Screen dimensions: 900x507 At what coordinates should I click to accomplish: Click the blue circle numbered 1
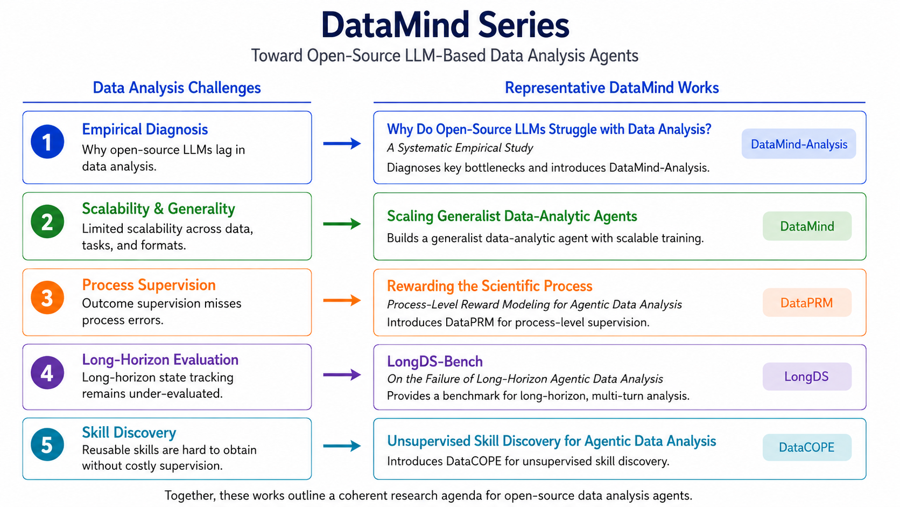coord(47,142)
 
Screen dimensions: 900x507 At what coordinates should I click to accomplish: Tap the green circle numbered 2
coord(47,221)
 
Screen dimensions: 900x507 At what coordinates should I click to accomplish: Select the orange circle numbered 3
coord(47,297)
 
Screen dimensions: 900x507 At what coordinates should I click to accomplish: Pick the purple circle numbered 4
coord(47,372)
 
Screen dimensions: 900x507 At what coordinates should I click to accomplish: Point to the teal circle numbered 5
coord(47,445)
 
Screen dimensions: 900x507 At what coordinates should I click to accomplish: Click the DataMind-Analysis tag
coord(799,144)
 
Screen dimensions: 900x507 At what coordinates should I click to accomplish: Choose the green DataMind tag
coord(807,226)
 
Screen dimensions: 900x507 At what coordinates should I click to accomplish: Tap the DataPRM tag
coord(807,302)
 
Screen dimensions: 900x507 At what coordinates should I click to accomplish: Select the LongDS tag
coord(807,376)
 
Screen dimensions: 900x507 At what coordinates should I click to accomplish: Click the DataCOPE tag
coord(807,447)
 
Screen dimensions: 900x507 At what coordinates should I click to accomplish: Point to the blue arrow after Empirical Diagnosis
coord(342,143)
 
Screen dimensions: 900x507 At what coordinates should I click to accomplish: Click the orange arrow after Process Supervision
coord(342,300)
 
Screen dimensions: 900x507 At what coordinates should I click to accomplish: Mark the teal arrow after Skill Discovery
coord(342,446)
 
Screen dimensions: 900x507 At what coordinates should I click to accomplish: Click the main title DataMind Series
coord(445,25)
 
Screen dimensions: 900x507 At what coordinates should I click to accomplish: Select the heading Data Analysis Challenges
coord(177,88)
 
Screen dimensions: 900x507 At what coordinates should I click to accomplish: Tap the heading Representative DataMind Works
coord(611,88)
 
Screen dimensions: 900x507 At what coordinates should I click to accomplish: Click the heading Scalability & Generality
coord(158,209)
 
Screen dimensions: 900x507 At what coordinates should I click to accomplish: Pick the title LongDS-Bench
coord(435,362)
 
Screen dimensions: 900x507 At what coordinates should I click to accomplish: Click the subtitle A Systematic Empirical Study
coord(460,148)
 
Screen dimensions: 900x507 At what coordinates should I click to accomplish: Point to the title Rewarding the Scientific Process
coord(489,286)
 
